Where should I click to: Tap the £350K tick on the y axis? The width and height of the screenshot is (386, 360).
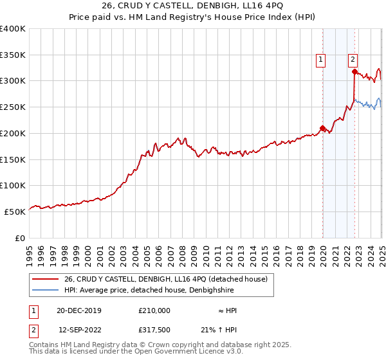click(14, 55)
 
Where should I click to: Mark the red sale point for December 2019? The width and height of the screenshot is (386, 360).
click(322, 127)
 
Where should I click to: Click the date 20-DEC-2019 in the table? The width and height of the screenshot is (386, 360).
click(79, 310)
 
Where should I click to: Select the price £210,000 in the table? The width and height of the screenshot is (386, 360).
click(154, 310)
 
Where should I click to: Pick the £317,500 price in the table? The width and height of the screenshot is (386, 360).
click(154, 330)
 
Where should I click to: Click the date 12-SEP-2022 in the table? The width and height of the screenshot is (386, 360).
click(79, 330)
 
